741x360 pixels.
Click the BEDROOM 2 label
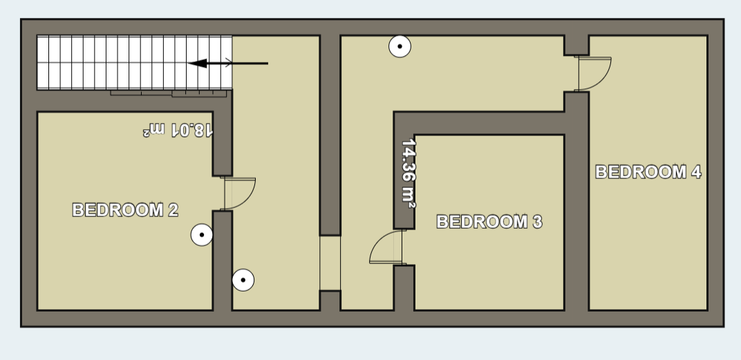[125, 210]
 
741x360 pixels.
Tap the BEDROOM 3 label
[489, 222]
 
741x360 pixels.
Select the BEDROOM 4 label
[648, 172]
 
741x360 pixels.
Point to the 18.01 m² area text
[178, 129]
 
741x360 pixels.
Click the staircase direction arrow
[227, 64]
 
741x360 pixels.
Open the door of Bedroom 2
[239, 193]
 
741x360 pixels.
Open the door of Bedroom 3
[386, 249]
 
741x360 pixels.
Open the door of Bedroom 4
[594, 73]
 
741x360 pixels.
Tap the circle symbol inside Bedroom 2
[202, 236]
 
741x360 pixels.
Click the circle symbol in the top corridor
[400, 47]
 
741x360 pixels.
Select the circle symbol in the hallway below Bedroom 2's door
[243, 280]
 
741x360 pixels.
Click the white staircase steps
[131, 62]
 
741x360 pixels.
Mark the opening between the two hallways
[330, 263]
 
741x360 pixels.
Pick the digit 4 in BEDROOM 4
[695, 172]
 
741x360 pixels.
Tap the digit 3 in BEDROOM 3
[536, 222]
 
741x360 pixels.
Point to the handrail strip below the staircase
[169, 93]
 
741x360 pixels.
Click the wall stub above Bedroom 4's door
[576, 46]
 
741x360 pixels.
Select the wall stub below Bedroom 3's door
[404, 287]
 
